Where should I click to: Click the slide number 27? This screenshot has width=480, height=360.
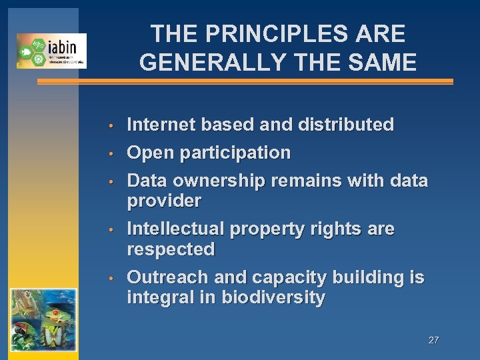433,340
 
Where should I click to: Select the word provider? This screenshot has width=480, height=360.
164,201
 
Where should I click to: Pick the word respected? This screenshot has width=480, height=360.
171,249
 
